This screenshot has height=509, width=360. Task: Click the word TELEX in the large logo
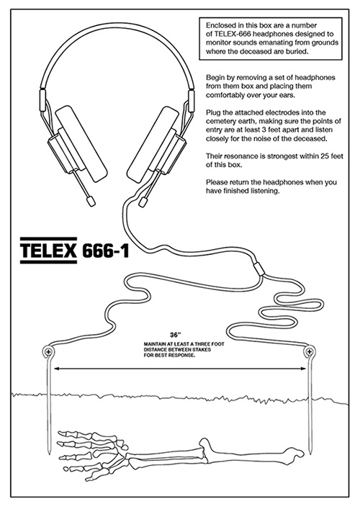(x=48, y=251)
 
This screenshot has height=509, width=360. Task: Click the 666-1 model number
(x=106, y=251)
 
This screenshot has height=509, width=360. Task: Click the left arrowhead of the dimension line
(x=57, y=369)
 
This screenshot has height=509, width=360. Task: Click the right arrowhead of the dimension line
(x=303, y=369)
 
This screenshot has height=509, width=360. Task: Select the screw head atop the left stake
(x=48, y=351)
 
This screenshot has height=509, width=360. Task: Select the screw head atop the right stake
(x=310, y=351)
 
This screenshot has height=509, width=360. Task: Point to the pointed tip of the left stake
(x=49, y=453)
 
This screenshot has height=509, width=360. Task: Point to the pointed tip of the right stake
(x=311, y=453)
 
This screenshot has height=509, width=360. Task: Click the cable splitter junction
(x=258, y=269)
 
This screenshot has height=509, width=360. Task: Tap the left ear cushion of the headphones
(x=81, y=143)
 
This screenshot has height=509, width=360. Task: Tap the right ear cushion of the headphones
(x=153, y=143)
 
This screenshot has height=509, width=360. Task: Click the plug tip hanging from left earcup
(x=91, y=201)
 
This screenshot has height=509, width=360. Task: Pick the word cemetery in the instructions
(x=220, y=122)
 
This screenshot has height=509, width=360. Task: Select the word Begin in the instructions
(x=214, y=78)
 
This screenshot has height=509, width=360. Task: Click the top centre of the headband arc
(x=117, y=23)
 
